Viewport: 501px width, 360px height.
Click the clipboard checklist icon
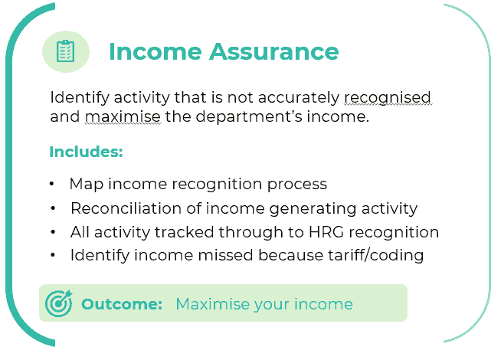tap(66, 51)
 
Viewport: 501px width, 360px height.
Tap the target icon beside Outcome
tap(59, 303)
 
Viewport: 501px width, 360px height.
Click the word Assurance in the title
tap(273, 51)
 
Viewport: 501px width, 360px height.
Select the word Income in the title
tap(156, 51)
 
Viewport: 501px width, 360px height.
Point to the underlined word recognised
tap(388, 98)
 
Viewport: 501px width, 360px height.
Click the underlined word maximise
tap(123, 116)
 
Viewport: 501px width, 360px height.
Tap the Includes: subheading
tap(86, 152)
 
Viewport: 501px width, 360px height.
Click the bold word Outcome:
tap(122, 304)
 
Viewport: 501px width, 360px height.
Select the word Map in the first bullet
tap(86, 185)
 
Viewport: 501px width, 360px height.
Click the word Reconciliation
tap(126, 208)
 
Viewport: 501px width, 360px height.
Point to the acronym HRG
tap(326, 232)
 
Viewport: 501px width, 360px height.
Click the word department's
tap(249, 117)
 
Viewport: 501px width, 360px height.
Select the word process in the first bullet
tap(296, 185)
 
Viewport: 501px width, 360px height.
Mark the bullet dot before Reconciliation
tap(53, 208)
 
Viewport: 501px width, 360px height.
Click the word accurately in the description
tap(299, 98)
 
